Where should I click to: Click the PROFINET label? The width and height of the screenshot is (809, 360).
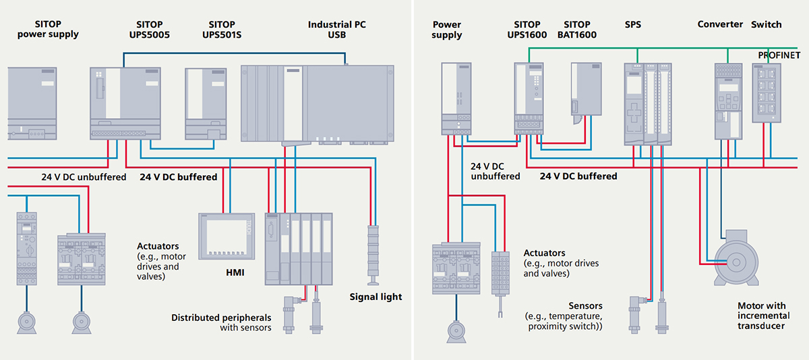point(779,54)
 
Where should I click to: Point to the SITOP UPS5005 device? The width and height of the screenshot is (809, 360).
point(123,102)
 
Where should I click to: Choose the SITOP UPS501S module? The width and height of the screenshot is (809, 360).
point(206,103)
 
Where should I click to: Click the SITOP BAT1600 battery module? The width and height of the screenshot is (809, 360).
point(585,92)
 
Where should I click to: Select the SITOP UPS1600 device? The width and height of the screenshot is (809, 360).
point(528,97)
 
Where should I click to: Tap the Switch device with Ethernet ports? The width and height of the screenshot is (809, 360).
point(766,93)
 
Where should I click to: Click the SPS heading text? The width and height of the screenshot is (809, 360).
point(633,24)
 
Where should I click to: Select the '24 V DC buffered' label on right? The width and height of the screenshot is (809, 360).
point(578,176)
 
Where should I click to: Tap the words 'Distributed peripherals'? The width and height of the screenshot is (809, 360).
point(221,317)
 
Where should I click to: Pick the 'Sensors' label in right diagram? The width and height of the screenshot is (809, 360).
point(585,306)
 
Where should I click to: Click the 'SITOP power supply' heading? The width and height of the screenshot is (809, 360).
point(48,29)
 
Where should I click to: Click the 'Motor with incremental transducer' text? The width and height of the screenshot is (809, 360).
point(761,316)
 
